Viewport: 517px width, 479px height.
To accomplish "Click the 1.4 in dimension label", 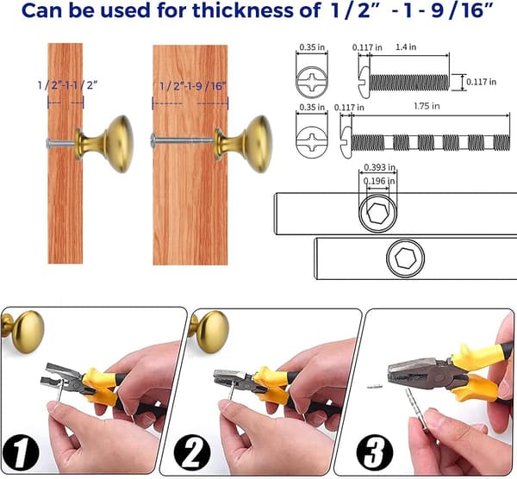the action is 406,47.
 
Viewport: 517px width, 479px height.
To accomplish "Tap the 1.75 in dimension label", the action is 427,106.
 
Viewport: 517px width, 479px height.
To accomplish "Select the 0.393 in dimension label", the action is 379,167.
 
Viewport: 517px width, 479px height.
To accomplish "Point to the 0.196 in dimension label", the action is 379,181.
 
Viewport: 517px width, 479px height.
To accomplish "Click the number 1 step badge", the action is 20,452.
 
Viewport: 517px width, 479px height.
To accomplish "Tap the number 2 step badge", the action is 192,452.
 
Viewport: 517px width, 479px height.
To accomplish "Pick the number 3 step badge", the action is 375,452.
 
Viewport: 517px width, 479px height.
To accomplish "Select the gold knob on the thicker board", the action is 245,144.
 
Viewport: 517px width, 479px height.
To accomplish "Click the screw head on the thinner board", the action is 49,143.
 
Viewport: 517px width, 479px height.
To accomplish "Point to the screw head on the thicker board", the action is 153,140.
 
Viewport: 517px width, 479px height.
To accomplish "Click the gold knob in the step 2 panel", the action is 209,332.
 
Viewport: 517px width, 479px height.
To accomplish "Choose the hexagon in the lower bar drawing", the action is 406,258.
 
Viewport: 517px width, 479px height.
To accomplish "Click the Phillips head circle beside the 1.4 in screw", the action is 312,82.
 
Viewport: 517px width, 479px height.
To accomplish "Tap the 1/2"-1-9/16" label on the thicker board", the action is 192,86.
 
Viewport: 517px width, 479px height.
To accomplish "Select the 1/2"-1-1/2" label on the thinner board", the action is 67,85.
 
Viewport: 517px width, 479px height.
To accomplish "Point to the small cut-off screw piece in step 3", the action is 375,386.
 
